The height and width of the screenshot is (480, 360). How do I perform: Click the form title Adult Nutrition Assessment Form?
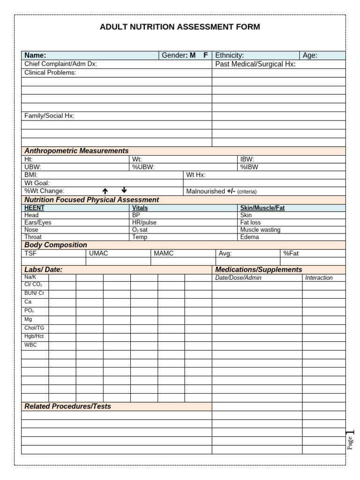(180, 27)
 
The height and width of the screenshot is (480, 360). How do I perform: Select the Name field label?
(35, 55)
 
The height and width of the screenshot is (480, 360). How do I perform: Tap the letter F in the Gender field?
(205, 55)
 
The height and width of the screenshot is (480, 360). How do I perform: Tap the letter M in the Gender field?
(193, 55)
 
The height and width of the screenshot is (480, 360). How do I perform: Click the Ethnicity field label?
(229, 55)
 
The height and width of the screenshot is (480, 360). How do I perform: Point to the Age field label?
(310, 55)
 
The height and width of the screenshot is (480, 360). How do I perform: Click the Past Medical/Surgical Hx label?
(255, 64)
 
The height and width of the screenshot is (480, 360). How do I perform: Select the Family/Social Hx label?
(49, 116)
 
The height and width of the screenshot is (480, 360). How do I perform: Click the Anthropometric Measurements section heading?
(76, 151)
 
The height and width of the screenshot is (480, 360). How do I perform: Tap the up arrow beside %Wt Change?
(105, 191)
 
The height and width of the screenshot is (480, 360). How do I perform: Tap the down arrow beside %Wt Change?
(124, 190)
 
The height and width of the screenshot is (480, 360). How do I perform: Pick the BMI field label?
(31, 175)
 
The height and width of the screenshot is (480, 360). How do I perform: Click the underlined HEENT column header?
(34, 208)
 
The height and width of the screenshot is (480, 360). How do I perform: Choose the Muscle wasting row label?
(260, 230)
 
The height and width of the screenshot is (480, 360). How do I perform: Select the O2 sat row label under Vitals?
(140, 230)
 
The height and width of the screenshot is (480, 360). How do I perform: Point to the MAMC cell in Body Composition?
(164, 253)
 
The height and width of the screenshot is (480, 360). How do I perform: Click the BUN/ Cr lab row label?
(34, 293)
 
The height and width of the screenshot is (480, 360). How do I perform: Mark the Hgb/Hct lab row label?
(34, 336)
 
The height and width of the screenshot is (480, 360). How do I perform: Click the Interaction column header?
(319, 277)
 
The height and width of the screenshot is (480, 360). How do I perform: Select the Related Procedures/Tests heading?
(67, 406)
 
